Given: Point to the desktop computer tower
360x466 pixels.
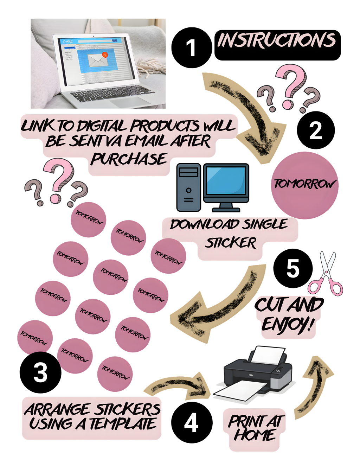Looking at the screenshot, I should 188,187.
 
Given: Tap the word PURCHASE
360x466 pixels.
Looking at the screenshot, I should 129,159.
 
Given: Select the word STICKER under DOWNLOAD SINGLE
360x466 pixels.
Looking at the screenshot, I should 231,243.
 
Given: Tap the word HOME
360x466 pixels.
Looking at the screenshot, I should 255,435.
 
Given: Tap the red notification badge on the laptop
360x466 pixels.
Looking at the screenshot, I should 104,55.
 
